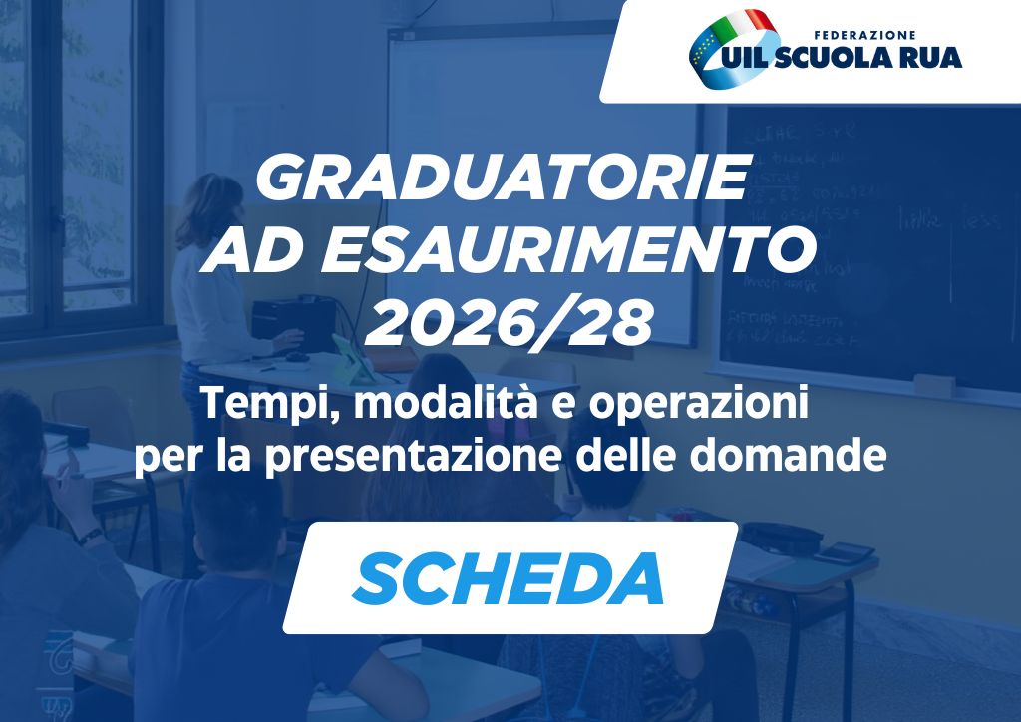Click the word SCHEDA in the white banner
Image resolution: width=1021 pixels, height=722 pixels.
(x=509, y=578)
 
